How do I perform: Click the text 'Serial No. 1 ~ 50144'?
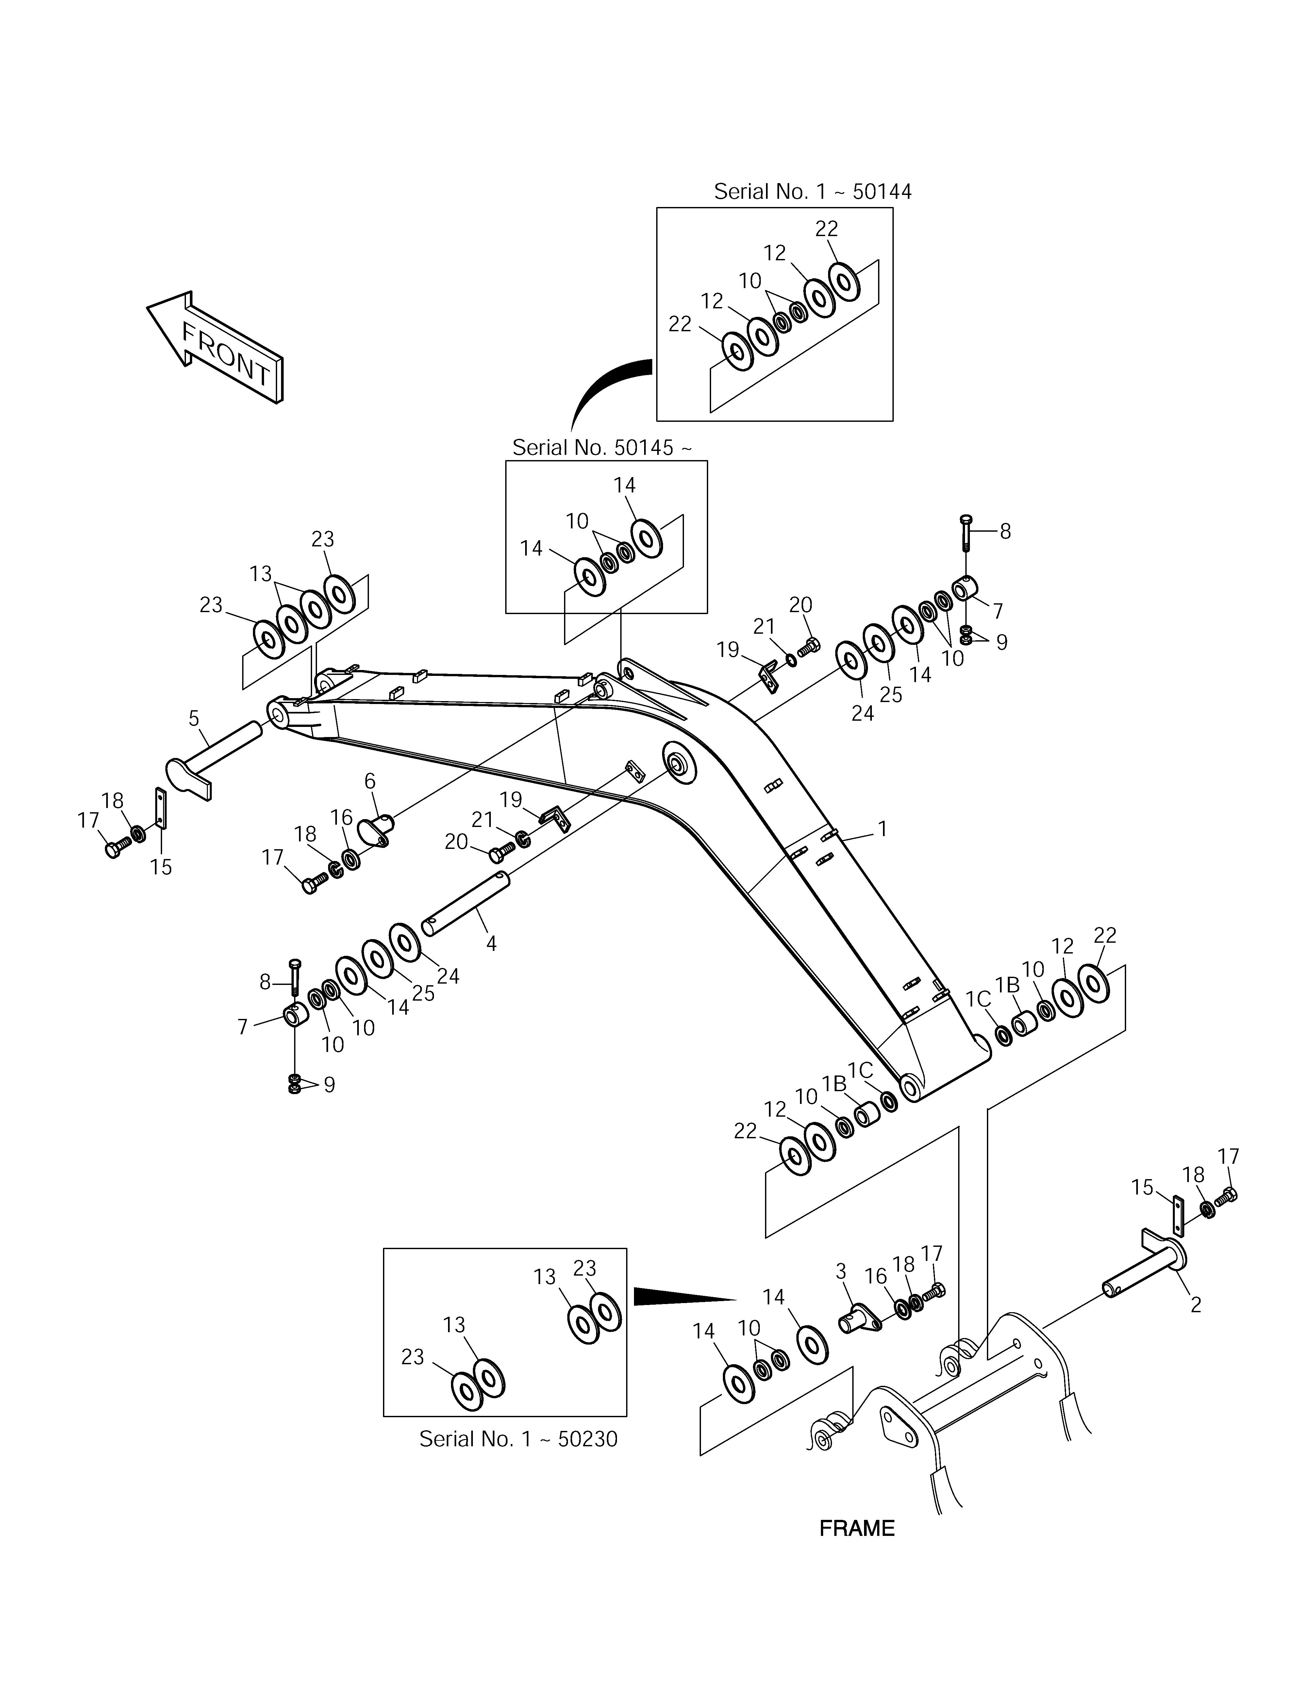812,192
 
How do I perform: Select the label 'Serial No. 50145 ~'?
601,448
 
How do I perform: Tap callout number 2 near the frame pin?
1196,1305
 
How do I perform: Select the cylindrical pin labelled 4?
465,904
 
